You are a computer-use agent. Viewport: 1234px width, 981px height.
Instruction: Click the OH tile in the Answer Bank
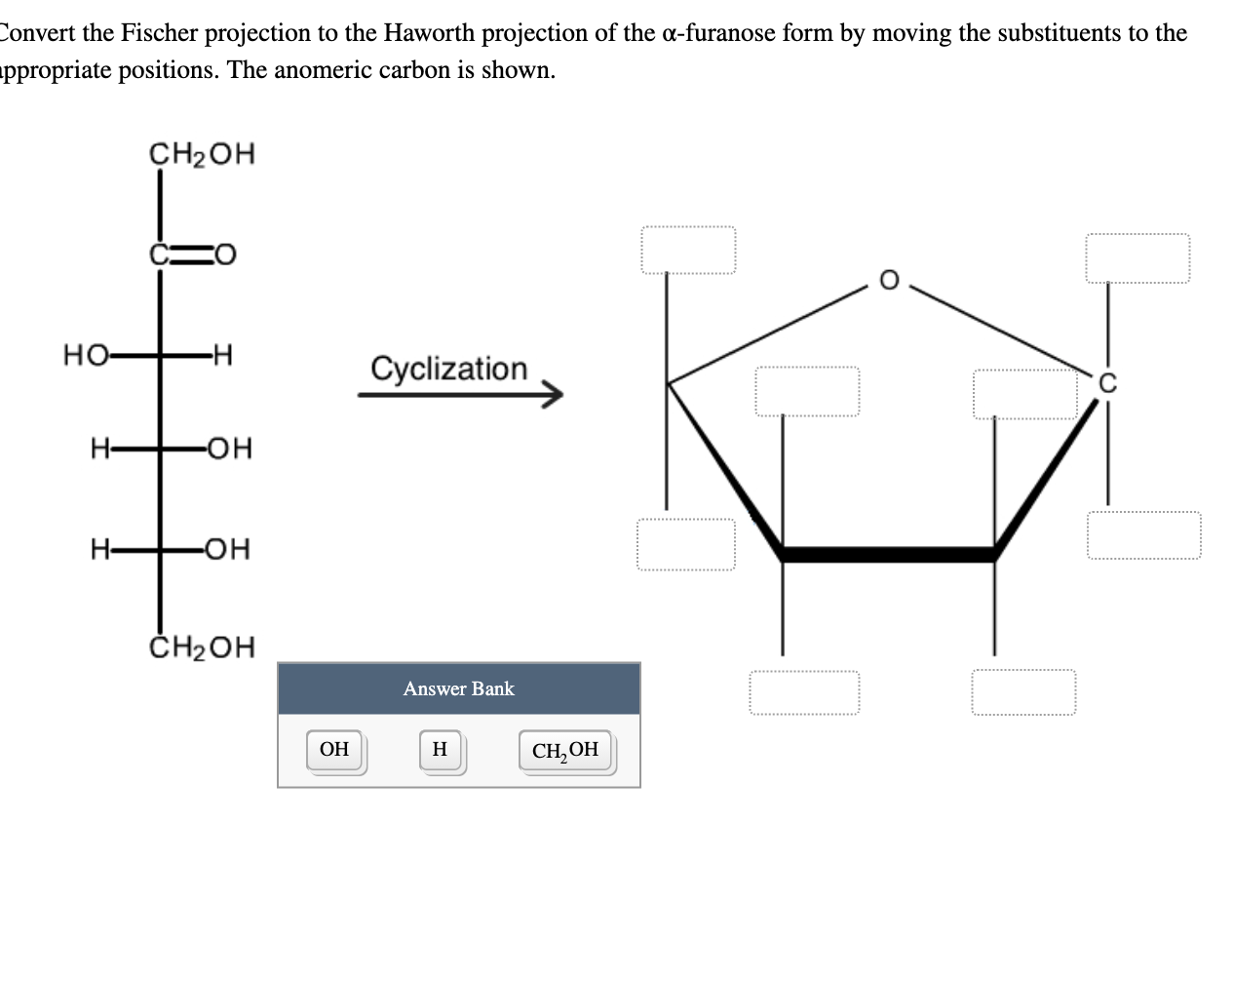[334, 750]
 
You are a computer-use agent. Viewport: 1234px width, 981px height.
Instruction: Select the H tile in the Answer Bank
[440, 750]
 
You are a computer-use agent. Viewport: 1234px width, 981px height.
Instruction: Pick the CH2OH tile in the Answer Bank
[565, 751]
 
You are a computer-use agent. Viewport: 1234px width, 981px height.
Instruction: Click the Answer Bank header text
[458, 688]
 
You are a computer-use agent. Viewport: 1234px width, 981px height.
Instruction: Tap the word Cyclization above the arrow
[448, 369]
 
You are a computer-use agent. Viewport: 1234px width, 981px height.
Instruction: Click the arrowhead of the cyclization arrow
[554, 395]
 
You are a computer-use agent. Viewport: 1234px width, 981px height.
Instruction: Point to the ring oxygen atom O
[888, 280]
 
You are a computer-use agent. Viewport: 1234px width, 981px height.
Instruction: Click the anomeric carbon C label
[1106, 383]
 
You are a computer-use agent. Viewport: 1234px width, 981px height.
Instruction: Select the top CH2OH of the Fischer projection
[202, 154]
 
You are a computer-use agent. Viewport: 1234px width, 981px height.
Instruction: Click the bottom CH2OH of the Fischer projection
[202, 647]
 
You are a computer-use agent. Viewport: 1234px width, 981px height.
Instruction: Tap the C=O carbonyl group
[193, 255]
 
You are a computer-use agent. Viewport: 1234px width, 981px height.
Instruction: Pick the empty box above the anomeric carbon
[1138, 258]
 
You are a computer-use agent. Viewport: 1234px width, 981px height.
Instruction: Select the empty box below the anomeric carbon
[1143, 535]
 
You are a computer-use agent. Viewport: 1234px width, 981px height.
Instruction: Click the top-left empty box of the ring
[688, 251]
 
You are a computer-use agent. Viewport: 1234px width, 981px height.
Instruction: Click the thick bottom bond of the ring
[887, 555]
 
